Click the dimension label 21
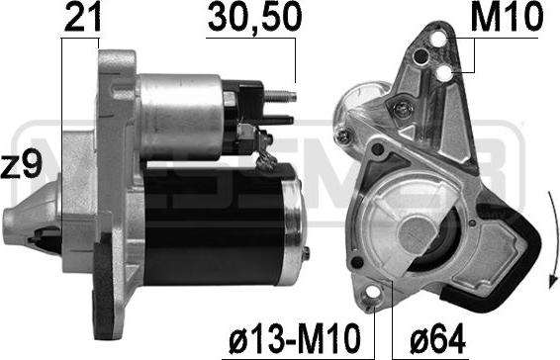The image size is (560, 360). pos(82,17)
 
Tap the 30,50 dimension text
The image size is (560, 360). pos(254,17)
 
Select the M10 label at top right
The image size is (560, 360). pos(507,17)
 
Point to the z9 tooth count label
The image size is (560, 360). pos(22,163)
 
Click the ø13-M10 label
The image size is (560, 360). pos(294,338)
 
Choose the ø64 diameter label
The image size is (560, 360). pos(438,338)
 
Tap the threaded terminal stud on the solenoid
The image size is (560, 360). pos(280,95)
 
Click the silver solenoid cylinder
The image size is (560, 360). pos(180,117)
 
